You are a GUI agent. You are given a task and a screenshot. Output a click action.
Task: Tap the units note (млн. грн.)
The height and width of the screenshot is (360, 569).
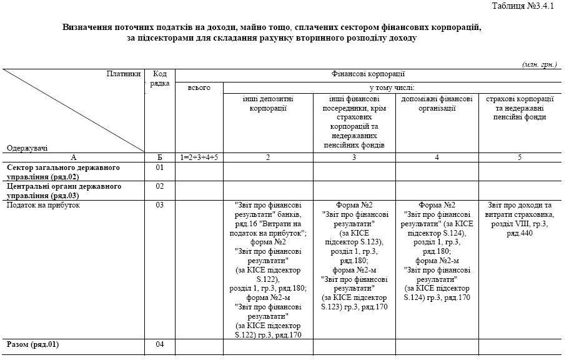[x=540, y=64]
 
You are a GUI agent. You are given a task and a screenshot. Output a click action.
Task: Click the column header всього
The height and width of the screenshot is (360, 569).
[x=199, y=87]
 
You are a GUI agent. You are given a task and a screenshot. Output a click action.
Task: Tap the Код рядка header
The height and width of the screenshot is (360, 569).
[x=160, y=78]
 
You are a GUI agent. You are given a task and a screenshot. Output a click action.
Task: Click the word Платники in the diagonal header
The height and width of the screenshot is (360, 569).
[x=124, y=73]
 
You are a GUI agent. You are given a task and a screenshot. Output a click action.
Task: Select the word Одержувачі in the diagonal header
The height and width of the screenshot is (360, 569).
[x=27, y=148]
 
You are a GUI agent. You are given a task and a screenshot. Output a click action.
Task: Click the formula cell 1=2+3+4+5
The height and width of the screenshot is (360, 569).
[x=199, y=157]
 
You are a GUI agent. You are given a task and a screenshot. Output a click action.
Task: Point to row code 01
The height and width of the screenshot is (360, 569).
[x=160, y=167]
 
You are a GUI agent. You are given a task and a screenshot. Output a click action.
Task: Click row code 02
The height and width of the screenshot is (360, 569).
[x=160, y=186]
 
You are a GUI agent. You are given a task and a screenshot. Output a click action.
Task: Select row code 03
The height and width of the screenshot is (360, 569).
[x=160, y=204]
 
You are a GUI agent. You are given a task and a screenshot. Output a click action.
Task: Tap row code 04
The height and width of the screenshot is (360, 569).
[x=160, y=344]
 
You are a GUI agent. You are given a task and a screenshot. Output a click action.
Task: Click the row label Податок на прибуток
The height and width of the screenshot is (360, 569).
[x=44, y=204]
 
